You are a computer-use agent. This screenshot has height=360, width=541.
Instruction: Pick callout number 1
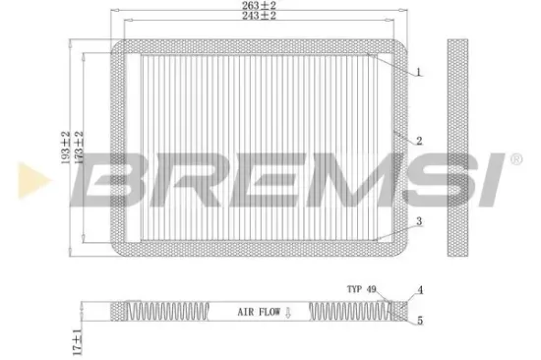(418, 73)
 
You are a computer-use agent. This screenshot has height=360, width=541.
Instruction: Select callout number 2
(418, 142)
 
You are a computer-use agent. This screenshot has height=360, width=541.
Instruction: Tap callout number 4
(419, 289)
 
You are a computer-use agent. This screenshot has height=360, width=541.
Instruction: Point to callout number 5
(419, 321)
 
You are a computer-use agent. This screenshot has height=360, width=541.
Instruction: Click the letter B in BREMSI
(117, 181)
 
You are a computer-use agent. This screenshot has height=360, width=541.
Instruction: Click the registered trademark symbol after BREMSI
(514, 158)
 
